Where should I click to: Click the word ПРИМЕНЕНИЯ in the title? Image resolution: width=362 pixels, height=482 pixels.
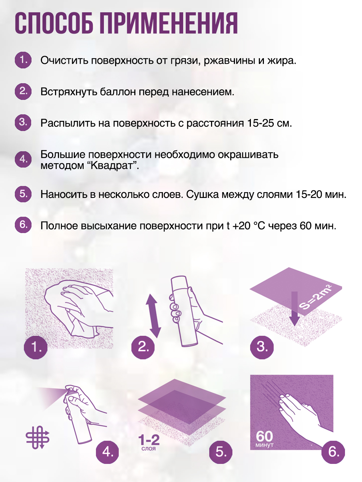click(x=169, y=23)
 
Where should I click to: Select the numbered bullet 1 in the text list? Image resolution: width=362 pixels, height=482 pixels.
click(x=23, y=60)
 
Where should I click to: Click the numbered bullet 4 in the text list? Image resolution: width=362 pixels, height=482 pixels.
click(x=23, y=159)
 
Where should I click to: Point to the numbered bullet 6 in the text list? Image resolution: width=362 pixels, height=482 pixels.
click(x=23, y=225)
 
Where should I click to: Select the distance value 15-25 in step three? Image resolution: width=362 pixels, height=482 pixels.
click(x=260, y=123)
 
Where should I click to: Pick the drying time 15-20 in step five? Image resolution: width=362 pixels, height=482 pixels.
click(x=309, y=195)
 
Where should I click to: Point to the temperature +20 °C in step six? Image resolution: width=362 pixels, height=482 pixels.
click(x=249, y=226)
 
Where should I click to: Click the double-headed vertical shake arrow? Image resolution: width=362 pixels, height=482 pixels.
click(x=153, y=316)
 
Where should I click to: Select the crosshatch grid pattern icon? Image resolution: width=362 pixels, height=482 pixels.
click(x=37, y=437)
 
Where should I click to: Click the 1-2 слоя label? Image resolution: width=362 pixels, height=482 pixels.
click(x=149, y=442)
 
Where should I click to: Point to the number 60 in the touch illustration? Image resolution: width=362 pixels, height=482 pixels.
click(x=264, y=436)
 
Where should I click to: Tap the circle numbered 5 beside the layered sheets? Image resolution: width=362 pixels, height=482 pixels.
click(x=221, y=452)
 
